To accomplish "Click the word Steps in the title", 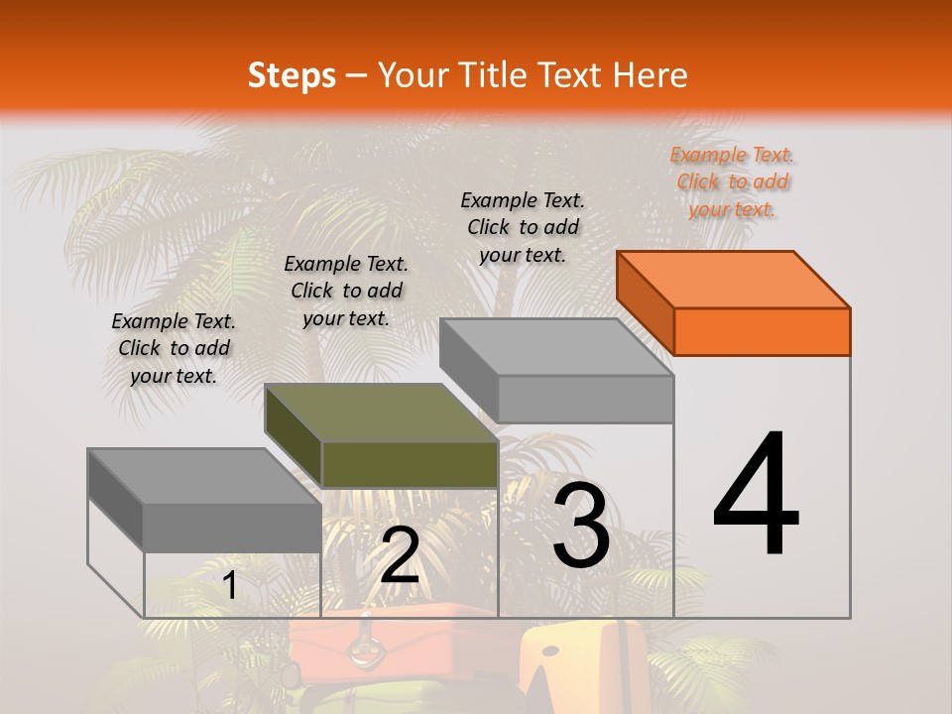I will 292,75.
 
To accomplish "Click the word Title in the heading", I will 496,75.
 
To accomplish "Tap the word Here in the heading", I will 649,75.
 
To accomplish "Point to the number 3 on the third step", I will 581,527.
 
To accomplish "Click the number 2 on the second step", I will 400,555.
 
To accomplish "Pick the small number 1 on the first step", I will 229,585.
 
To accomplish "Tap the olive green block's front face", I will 410,464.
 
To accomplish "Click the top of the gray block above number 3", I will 555,347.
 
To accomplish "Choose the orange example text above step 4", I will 733,181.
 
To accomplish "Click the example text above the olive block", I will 346,291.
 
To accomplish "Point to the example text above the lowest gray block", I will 174,348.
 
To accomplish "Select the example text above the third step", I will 523,227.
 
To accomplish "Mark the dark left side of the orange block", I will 646,302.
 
